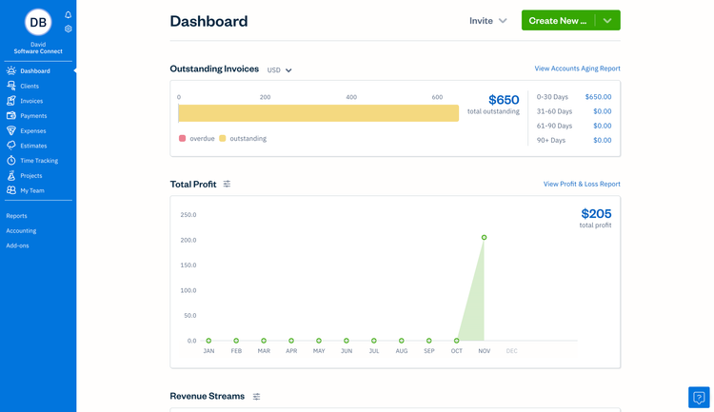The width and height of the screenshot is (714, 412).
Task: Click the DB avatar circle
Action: (x=38, y=22)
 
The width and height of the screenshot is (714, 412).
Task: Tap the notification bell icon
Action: (x=69, y=15)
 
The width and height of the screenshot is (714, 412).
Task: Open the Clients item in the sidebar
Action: (x=30, y=86)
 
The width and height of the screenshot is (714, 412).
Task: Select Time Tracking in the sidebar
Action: (x=39, y=161)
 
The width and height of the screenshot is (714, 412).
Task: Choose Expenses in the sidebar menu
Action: (x=32, y=130)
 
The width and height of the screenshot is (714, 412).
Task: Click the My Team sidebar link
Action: (x=32, y=190)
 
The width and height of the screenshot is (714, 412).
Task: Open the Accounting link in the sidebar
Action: (x=21, y=230)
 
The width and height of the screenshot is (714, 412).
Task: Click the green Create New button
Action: (x=558, y=20)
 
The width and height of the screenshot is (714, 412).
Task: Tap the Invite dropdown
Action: (x=488, y=21)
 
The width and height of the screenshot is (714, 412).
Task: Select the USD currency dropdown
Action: (x=279, y=70)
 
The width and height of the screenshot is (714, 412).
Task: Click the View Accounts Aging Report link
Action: (x=577, y=69)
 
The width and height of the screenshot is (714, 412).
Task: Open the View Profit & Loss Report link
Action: (x=582, y=184)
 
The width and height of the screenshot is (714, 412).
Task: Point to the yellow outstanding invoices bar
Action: (x=318, y=113)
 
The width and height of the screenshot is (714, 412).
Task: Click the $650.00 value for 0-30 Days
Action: (x=598, y=97)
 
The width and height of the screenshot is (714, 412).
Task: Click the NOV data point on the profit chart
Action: (x=485, y=238)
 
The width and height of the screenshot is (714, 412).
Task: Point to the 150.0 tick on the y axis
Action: (x=188, y=265)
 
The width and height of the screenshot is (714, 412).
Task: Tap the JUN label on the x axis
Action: (x=347, y=351)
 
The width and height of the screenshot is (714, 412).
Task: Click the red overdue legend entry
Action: (x=197, y=139)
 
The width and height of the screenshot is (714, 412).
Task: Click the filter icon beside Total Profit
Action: (x=227, y=184)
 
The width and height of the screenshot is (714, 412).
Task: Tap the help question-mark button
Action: (x=699, y=397)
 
